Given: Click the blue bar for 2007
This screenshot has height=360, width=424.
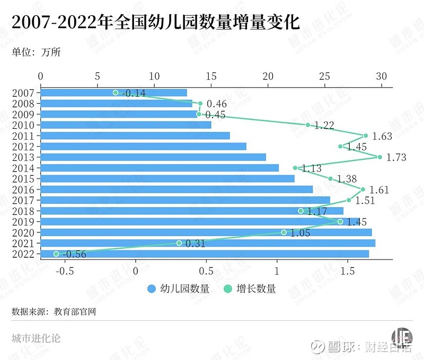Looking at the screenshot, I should click(113, 93).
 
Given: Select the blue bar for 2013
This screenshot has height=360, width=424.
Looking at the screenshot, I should click(153, 157).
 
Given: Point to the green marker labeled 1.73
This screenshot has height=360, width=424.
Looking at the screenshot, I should click(380, 157).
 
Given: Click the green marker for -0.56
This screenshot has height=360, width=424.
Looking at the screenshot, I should click(56, 254).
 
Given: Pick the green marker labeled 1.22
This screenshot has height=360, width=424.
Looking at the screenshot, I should click(307, 125).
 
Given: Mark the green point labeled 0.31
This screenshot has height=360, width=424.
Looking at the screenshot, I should click(179, 243).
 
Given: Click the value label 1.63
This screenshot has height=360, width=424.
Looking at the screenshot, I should click(382, 136).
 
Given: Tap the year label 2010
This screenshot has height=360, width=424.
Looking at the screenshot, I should click(23, 125).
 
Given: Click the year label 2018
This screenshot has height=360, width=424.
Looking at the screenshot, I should click(23, 211).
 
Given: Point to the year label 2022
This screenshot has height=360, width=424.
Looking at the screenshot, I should click(23, 254).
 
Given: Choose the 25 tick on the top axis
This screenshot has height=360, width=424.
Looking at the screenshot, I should click(324, 76).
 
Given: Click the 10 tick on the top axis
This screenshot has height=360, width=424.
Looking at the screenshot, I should click(154, 76).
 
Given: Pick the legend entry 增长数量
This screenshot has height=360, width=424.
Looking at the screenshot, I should click(250, 289).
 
